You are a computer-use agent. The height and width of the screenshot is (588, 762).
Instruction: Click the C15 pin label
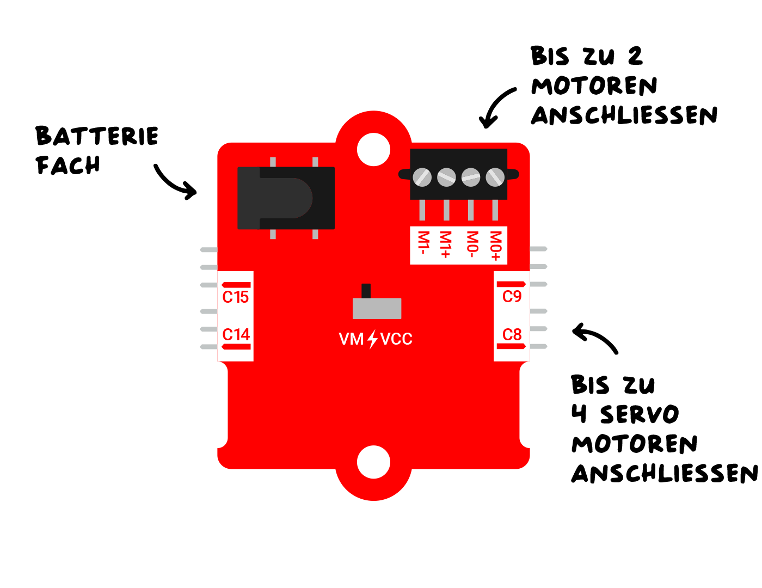236,297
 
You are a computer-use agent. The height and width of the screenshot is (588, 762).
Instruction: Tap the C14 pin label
236,334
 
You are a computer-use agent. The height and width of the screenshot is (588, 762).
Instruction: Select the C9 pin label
512,297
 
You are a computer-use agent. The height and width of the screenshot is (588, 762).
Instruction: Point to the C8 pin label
512,334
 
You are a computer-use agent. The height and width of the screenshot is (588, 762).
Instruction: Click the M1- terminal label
423,243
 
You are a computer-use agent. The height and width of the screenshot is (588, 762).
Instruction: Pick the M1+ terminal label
446,244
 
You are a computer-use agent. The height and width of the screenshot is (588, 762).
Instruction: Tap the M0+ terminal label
495,246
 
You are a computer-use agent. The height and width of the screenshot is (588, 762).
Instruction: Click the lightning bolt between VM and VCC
372,339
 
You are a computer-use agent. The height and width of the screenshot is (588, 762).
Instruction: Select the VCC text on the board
396,339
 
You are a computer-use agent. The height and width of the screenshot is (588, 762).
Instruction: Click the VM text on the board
351,339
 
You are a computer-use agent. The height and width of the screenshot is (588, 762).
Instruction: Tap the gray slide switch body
377,308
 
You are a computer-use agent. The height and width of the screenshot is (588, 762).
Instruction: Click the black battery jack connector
286,198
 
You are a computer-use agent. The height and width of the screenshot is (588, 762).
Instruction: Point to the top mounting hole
373,149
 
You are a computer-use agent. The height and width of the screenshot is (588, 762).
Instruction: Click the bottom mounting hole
373,462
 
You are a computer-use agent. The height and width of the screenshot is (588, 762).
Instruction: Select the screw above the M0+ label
495,177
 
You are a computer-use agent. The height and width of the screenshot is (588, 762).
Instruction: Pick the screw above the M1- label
422,177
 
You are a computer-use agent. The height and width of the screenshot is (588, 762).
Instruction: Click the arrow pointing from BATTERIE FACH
175,182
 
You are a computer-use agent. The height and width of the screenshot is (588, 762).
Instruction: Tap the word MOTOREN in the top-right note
594,87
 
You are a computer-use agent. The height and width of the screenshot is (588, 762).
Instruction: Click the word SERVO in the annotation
640,415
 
